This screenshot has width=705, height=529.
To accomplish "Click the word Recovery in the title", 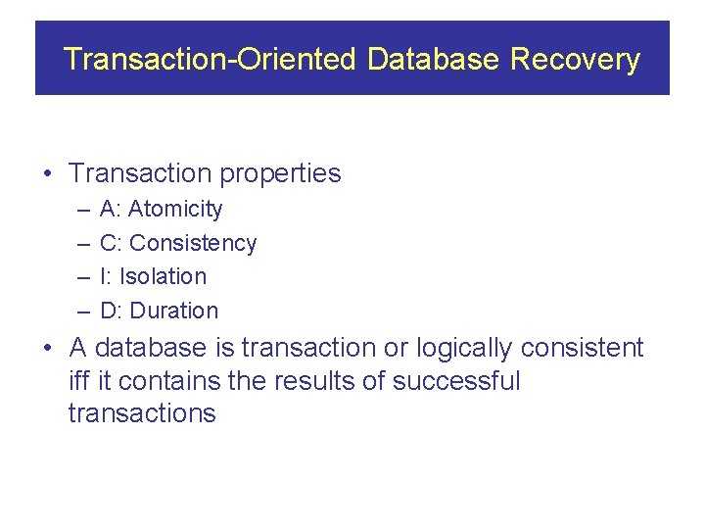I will coord(575,60).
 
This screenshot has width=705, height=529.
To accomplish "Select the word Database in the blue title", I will coord(434,60).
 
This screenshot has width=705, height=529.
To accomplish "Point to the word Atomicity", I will coord(175,210).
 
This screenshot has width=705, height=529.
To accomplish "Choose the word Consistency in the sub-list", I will coord(193,243).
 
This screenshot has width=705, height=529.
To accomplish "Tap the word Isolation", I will coord(163,277).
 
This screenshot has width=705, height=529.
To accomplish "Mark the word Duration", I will coord(174,312).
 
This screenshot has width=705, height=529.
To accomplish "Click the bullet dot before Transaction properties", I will coord(46,174).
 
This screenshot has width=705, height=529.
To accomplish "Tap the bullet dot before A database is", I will coord(46,349).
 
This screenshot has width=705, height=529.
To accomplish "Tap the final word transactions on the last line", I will coord(142,413).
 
